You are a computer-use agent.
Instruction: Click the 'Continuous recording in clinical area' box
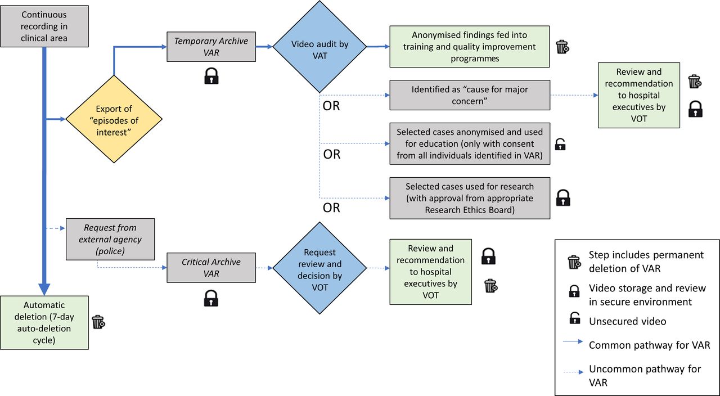click(44, 26)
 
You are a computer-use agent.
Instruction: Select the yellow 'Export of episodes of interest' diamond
click(114, 119)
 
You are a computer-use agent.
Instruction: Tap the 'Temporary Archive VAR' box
click(211, 47)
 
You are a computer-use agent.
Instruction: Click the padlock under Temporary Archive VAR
click(211, 76)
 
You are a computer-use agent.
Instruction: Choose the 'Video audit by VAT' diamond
click(319, 47)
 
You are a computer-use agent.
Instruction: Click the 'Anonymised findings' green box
click(470, 47)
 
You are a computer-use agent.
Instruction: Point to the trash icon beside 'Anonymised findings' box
click(562, 47)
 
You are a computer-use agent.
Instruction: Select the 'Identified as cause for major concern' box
click(470, 95)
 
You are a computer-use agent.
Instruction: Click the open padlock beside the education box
click(560, 145)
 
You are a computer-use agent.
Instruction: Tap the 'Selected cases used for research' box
click(470, 198)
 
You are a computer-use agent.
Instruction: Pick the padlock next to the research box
click(563, 197)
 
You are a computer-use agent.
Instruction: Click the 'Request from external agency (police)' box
click(110, 239)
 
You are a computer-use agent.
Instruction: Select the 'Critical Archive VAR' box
click(211, 268)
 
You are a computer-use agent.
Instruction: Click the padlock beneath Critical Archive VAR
click(211, 298)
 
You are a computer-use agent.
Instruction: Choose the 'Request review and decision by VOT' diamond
click(319, 268)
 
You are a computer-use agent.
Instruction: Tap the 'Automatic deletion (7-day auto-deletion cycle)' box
click(44, 322)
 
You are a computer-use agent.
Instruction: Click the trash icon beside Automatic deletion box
click(98, 322)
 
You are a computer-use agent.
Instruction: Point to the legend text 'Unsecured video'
click(627, 321)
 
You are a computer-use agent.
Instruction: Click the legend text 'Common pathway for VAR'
click(649, 345)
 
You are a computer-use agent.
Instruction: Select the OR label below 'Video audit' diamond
click(331, 106)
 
